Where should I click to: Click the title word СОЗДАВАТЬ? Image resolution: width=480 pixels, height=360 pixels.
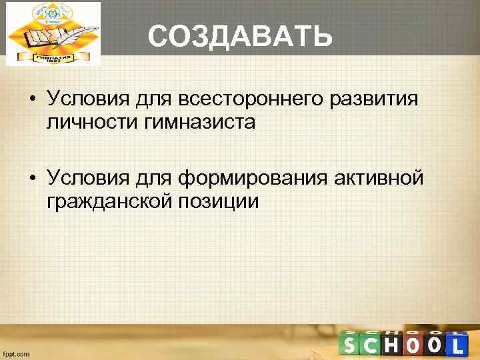pos(240,37)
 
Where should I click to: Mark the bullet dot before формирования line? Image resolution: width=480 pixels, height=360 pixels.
pos(32,178)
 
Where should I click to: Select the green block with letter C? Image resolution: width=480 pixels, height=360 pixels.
pos(371,345)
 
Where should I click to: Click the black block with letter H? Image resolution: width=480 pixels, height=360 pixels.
pos(393,345)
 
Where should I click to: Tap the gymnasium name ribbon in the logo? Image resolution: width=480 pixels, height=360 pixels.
pos(53,57)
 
